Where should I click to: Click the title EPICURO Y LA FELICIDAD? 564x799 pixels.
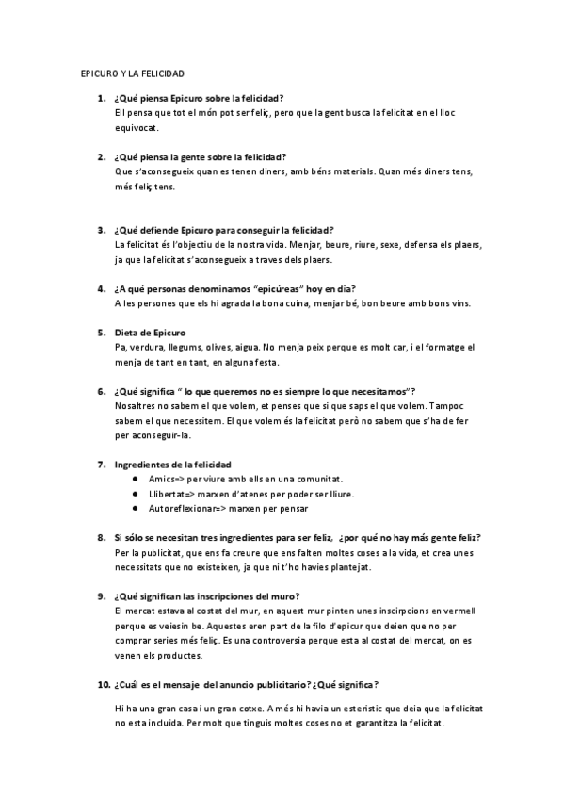[131, 73]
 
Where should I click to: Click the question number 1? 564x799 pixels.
[101, 97]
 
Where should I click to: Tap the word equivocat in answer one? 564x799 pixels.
[136, 128]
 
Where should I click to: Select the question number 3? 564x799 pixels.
[101, 229]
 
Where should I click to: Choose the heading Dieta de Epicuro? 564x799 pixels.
[150, 332]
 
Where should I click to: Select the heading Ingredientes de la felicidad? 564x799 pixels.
[172, 464]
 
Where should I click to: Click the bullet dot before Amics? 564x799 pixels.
[139, 479]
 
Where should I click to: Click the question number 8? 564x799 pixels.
[101, 536]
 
